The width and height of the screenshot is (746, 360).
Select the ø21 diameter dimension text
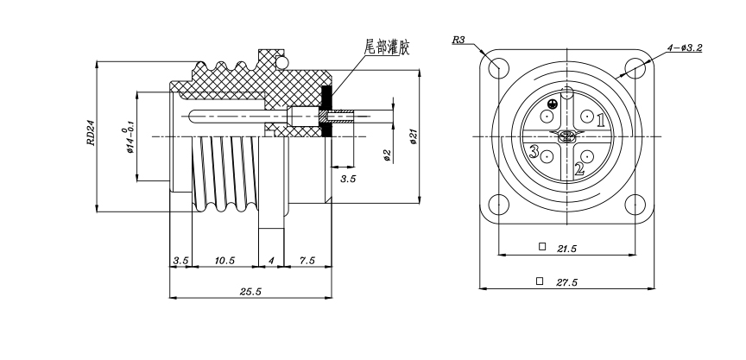point(414,136)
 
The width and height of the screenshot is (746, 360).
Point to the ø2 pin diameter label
point(386,155)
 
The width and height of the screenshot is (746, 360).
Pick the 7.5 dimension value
point(307,260)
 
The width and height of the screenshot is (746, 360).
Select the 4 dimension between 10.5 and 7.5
point(271,260)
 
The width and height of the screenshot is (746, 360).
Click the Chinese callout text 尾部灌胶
point(387,48)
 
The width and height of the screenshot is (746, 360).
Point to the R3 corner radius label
point(459,40)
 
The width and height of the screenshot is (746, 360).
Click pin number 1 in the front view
point(601,121)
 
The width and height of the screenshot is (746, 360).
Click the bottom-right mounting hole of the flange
point(635,205)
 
